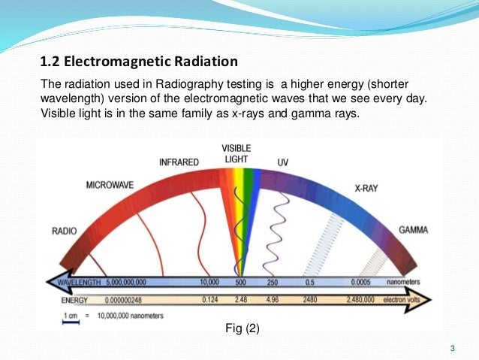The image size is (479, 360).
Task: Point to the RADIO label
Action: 65,230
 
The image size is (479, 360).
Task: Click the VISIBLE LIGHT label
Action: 236,153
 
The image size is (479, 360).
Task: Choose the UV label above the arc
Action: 283,162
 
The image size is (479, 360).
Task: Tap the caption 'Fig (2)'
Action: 243,328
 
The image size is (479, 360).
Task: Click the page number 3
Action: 452,347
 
